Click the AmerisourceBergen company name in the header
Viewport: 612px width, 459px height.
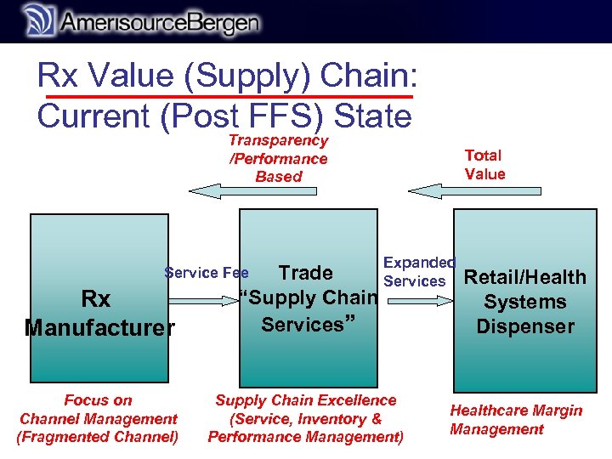point(160,23)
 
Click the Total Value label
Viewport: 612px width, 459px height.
point(484,165)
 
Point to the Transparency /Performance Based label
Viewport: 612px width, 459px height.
point(278,159)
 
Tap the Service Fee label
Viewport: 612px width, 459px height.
point(207,273)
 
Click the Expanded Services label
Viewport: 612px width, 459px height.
point(418,272)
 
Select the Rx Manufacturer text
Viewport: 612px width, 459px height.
point(99,313)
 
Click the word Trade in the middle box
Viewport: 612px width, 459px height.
point(305,273)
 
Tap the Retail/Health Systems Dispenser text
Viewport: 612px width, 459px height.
point(525,302)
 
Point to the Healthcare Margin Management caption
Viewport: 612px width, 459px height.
point(516,420)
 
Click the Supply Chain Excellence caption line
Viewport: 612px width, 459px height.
point(306,399)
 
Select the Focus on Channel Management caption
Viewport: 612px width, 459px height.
point(98,409)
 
